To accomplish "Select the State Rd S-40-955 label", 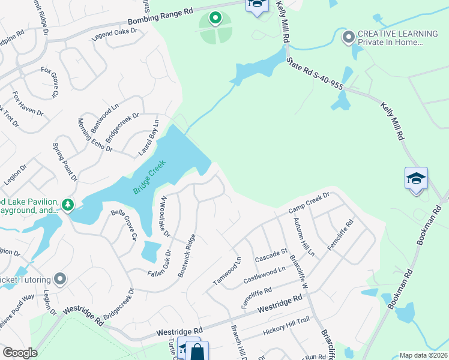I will point(315,74).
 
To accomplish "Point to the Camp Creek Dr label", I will point(309,203).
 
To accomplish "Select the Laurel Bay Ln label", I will point(148,137).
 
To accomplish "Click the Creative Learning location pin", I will point(348,38).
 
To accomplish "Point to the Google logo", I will point(20,352).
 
